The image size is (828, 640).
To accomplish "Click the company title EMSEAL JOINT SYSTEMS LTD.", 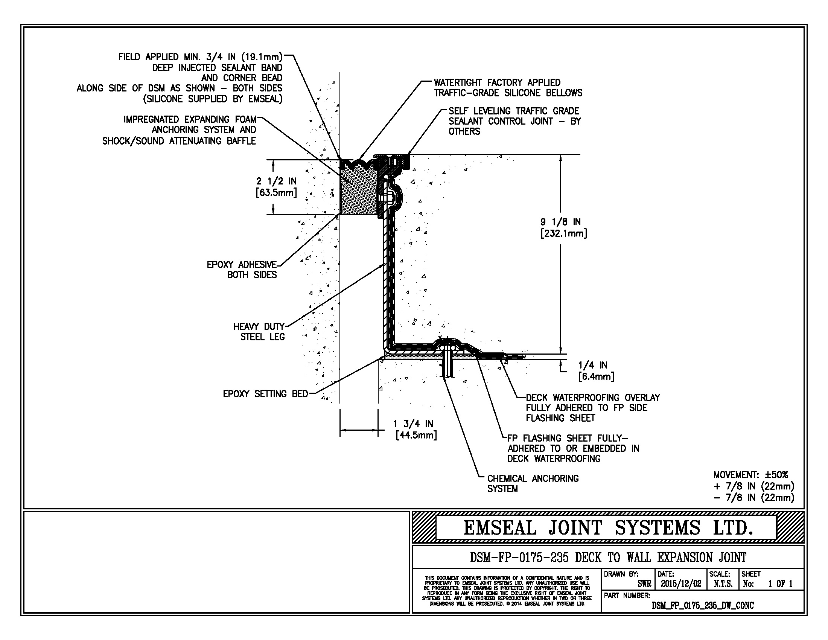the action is (608, 527).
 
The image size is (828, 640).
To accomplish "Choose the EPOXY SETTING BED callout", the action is (265, 394).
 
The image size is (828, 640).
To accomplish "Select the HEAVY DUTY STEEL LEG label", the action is (259, 332).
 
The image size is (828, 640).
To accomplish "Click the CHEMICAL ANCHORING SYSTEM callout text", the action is (533, 484).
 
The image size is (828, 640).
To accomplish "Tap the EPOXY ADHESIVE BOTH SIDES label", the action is (242, 270).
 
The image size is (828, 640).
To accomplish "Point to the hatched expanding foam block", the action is (358, 194).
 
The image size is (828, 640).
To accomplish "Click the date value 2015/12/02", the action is (681, 584).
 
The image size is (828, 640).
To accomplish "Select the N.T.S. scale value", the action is (723, 584).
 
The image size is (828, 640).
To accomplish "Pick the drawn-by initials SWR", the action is (644, 584).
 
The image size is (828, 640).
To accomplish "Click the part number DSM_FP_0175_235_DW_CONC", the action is (703, 605).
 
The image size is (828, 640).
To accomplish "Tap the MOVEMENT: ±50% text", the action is (751, 475).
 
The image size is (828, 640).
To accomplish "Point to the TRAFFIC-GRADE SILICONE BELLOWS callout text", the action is (508, 93).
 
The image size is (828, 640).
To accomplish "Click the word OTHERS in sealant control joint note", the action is (464, 131).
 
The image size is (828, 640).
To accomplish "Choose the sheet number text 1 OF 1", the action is (780, 584).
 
